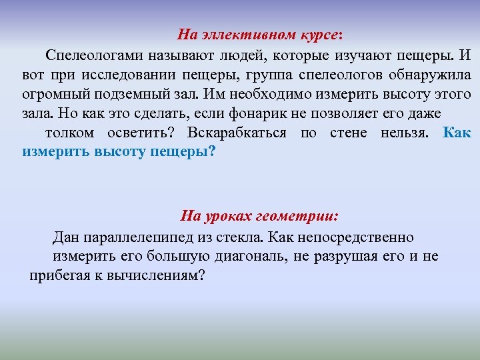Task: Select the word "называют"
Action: coord(168,54)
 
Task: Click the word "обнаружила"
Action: coord(435,74)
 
